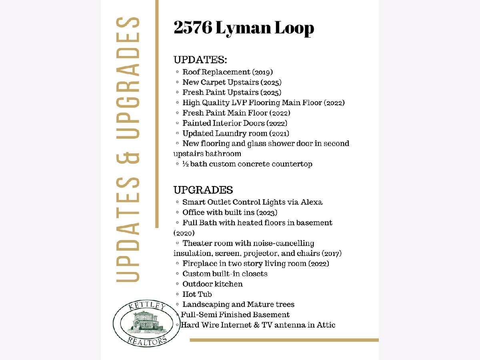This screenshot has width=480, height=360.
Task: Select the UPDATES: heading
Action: click(200, 60)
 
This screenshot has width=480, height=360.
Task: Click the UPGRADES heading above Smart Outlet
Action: click(203, 190)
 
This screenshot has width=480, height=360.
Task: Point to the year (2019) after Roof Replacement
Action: click(262, 72)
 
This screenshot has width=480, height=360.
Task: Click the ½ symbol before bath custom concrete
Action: click(186, 164)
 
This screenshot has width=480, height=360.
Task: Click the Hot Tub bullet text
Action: click(197, 294)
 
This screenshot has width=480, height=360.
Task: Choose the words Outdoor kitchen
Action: click(212, 284)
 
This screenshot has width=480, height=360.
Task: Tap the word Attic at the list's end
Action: click(326, 325)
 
